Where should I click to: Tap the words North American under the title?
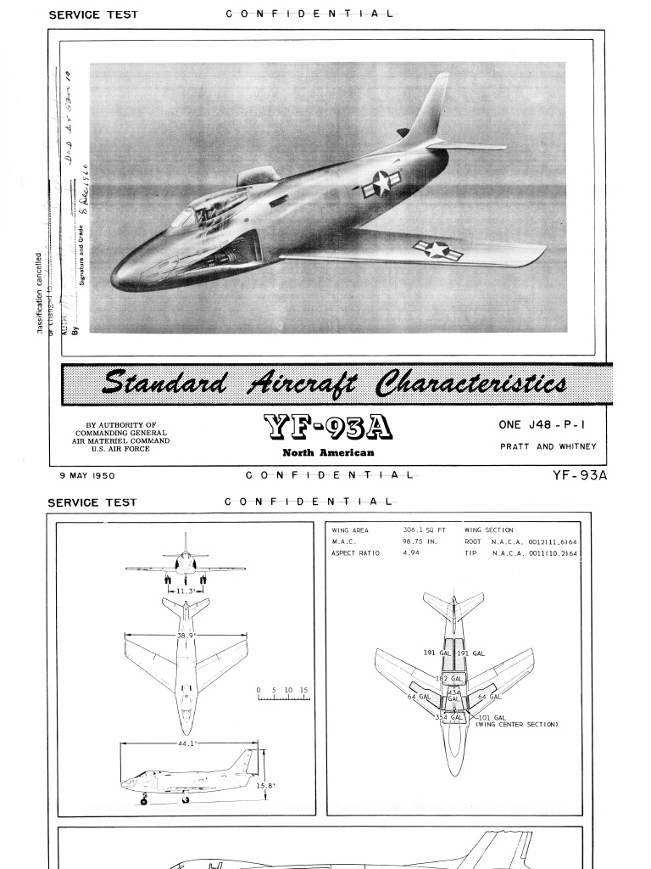(x=327, y=452)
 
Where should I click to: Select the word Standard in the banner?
(x=164, y=383)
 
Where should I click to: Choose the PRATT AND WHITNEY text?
(x=548, y=446)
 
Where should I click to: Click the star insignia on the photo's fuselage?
(x=381, y=183)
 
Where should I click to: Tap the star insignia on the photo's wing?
(x=437, y=249)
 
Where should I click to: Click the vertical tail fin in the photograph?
(x=432, y=110)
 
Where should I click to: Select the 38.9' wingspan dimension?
(x=186, y=635)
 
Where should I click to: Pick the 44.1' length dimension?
(x=186, y=743)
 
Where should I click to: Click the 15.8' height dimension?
(x=265, y=786)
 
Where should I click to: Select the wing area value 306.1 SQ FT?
(x=424, y=530)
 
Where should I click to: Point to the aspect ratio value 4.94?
(x=411, y=552)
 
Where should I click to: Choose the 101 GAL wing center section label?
(x=492, y=717)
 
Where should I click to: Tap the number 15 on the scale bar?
(x=303, y=691)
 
